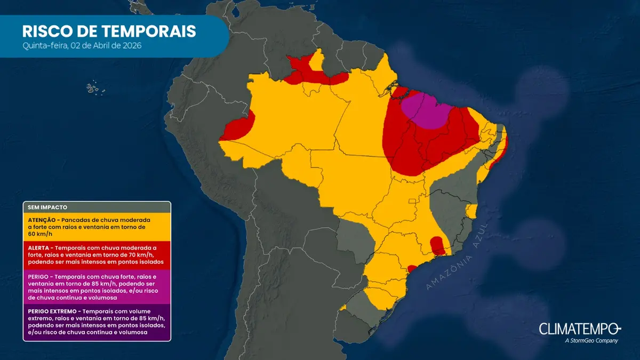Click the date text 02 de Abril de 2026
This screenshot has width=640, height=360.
pos(105,46)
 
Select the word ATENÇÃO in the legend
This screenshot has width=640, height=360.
pos(42,220)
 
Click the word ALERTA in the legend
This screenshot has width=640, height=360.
pos(38,248)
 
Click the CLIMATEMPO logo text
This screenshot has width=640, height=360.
pos(580,329)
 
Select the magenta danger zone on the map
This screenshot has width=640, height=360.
pos(426,109)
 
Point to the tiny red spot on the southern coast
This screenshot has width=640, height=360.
pos(412,268)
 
